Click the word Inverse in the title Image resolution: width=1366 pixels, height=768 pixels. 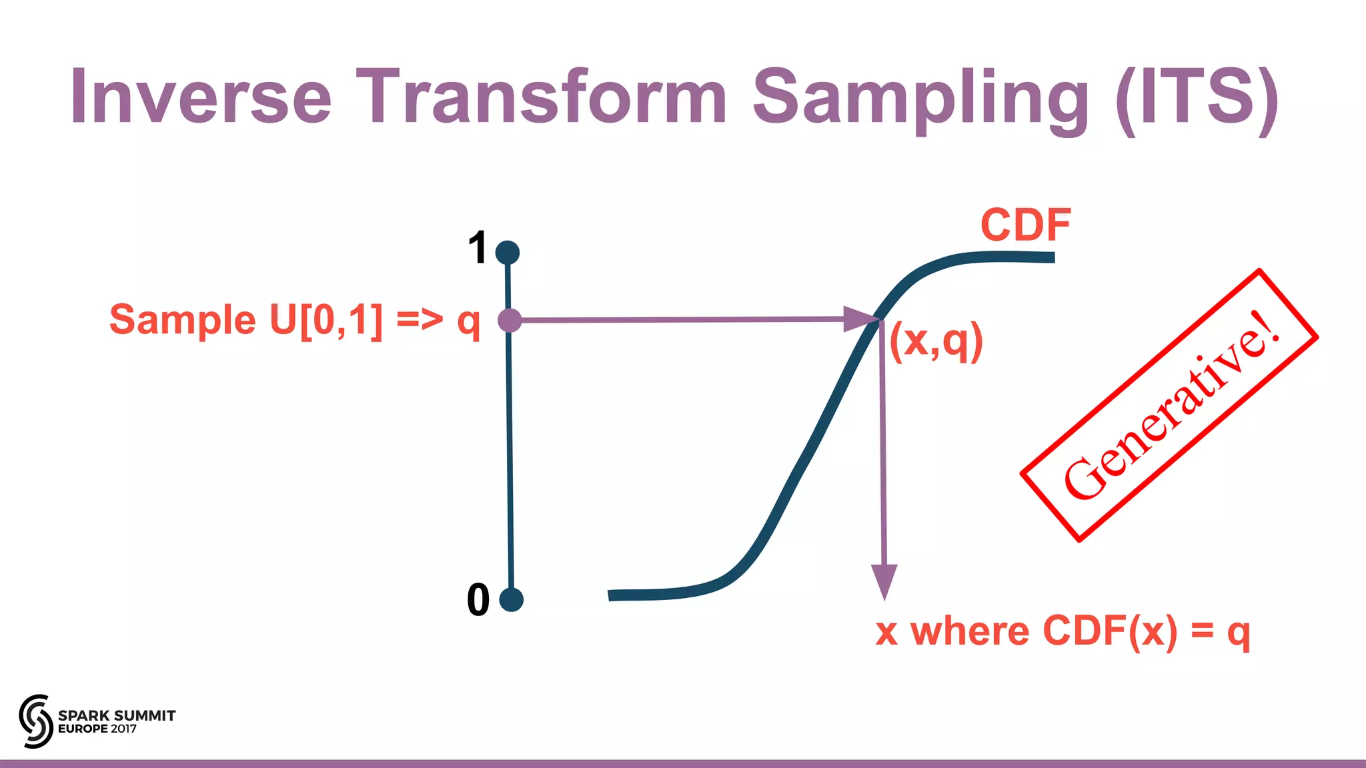[201, 97]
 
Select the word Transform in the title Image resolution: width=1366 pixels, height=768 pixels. [541, 97]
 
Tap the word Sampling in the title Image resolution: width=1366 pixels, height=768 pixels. [920, 100]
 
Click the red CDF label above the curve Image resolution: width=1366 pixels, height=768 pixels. [1026, 225]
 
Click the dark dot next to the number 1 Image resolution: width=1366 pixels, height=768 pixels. [508, 253]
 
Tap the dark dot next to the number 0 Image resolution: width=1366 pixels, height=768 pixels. [511, 599]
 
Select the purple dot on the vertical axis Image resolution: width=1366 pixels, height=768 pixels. [510, 321]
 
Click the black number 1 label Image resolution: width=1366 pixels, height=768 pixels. [478, 248]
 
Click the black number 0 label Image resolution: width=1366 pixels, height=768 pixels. [478, 599]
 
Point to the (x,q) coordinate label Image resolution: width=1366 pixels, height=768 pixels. [936, 341]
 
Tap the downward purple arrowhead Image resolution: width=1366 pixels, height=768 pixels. [884, 581]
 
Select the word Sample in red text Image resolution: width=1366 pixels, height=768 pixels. [183, 319]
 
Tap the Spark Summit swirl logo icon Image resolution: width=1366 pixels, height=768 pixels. [35, 721]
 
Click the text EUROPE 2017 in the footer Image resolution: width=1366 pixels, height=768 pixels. [97, 729]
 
